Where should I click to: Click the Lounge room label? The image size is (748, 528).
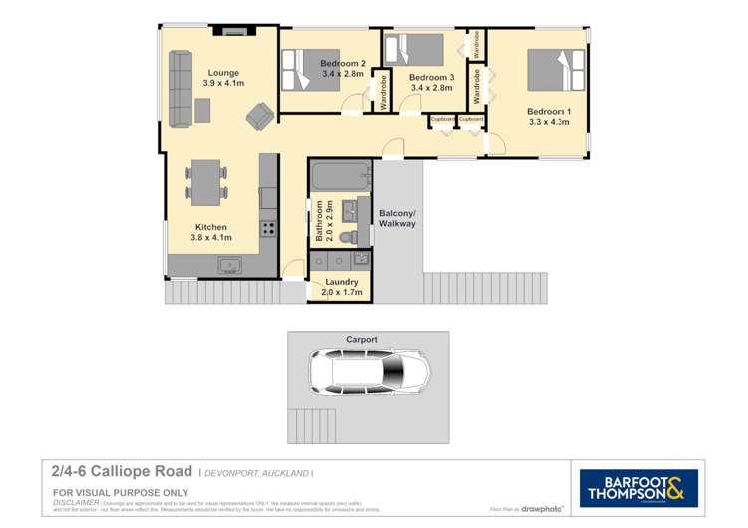(x=223, y=73)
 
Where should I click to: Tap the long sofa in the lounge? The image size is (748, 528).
(x=182, y=90)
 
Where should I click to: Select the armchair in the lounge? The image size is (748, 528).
(x=258, y=117)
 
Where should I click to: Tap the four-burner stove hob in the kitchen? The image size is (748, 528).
(x=268, y=228)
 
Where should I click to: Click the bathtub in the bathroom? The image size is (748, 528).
(x=341, y=178)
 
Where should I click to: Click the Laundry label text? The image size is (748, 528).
(x=341, y=282)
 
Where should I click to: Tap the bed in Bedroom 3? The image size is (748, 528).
(x=413, y=50)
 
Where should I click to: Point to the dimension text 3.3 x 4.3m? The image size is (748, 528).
(x=549, y=122)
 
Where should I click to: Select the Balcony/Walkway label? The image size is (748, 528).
(x=397, y=218)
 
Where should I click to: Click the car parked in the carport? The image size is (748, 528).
(x=369, y=379)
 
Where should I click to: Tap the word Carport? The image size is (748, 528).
(x=362, y=340)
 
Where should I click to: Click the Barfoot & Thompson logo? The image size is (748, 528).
(x=640, y=487)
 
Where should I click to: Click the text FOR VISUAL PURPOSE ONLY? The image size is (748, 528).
(x=107, y=491)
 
